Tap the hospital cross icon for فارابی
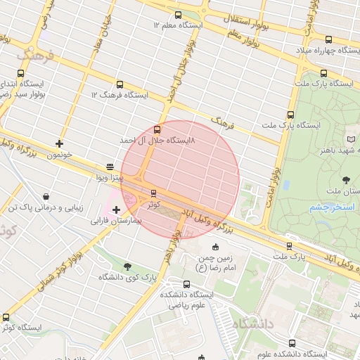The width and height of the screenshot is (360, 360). pos(116,210)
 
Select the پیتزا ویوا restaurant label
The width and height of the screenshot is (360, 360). pos(110,179)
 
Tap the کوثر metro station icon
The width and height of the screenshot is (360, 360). pos(153,193)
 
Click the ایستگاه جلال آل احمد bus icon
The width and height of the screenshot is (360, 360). pos(156,129)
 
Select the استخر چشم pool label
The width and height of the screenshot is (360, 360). pos(325,208)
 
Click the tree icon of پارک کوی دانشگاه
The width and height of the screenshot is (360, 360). pos(127,266)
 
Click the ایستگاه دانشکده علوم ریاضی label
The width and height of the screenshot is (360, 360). pos(191,300)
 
